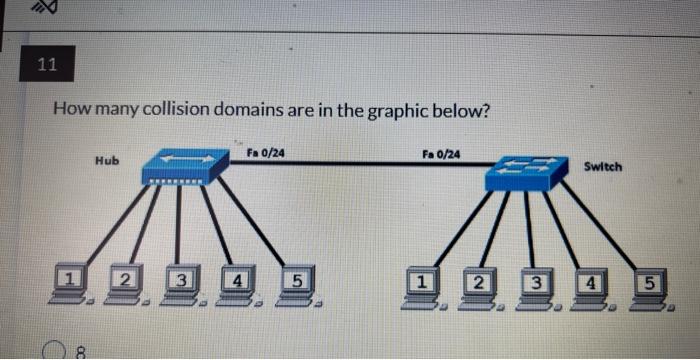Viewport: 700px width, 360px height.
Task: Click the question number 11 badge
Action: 46,66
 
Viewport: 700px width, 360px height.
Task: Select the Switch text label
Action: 602,165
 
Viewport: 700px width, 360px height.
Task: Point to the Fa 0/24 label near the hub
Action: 264,152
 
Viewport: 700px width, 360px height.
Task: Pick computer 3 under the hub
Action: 183,283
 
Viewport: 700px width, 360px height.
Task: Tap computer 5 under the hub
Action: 296,284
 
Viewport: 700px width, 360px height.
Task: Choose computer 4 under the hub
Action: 240,284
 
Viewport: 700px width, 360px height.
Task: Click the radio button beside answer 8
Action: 57,350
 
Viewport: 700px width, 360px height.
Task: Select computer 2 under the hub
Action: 127,282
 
